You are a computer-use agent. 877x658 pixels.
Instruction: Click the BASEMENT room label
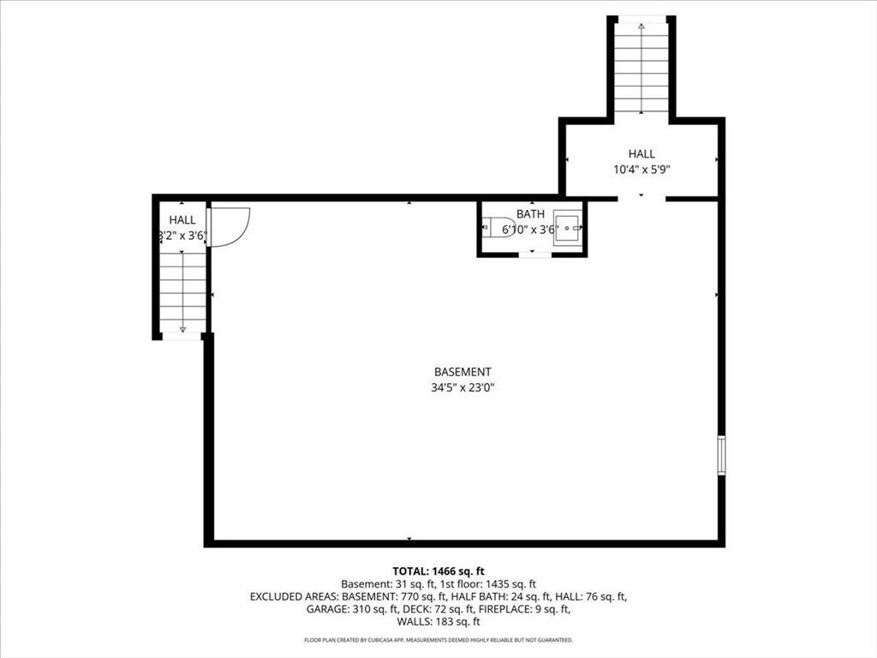[x=462, y=372]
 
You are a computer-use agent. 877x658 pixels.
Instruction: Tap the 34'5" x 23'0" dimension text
[x=462, y=387]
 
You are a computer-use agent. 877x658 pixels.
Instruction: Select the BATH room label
[x=530, y=213]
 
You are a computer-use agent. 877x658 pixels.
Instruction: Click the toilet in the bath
[x=498, y=228]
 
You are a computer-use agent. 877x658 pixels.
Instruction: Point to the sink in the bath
[x=568, y=228]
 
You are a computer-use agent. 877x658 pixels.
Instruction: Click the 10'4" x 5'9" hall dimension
[x=641, y=169]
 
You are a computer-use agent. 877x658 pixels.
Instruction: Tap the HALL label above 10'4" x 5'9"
[x=641, y=154]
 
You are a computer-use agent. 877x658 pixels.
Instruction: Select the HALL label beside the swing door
[x=182, y=220]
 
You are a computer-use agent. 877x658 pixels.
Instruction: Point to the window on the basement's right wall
[x=721, y=456]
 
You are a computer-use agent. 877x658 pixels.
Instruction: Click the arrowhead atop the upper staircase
[x=641, y=26]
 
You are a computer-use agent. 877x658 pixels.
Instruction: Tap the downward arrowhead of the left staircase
[x=182, y=330]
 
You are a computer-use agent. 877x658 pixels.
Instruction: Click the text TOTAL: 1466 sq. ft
[x=438, y=571]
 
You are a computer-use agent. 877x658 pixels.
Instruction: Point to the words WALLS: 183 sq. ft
[x=438, y=622]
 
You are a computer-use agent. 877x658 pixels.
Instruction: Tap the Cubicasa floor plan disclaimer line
[x=438, y=639]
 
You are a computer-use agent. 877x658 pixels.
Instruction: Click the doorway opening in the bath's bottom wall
[x=535, y=254]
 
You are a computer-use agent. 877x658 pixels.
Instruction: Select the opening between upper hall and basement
[x=641, y=199]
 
